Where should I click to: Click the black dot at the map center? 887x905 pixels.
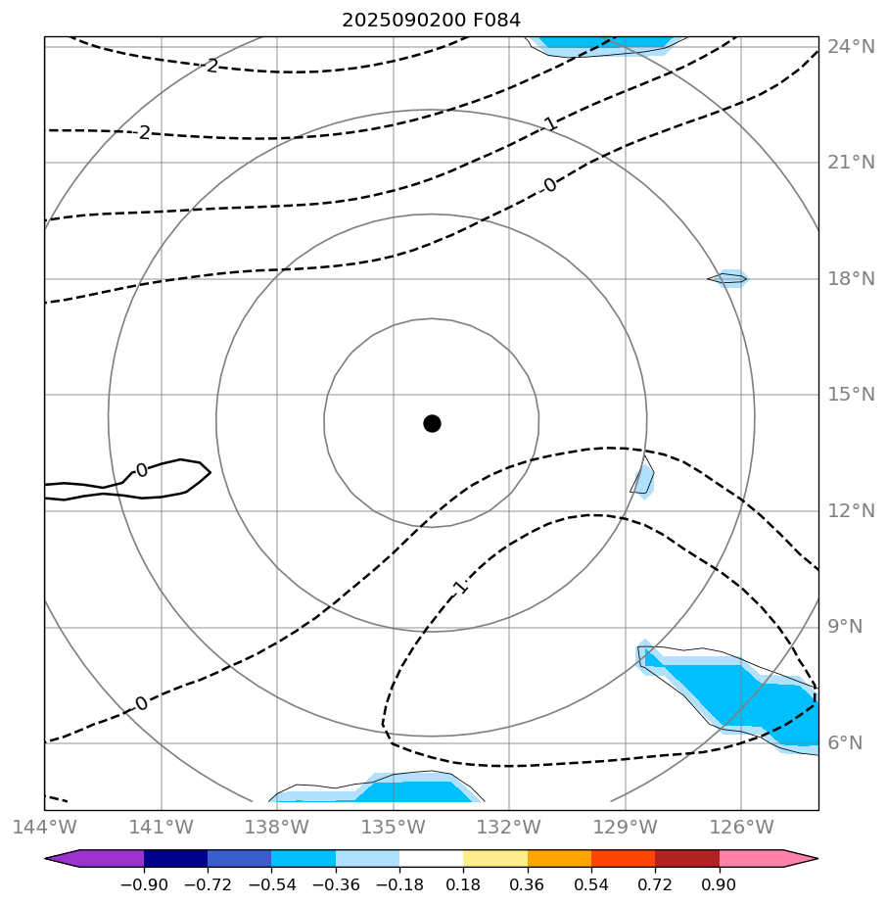(x=432, y=423)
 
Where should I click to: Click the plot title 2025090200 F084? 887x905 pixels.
(x=431, y=20)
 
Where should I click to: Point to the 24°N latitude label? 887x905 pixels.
(x=851, y=46)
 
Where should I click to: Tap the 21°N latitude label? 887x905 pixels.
(x=851, y=163)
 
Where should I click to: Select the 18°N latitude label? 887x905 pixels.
(x=851, y=279)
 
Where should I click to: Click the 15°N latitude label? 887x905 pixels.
(x=851, y=395)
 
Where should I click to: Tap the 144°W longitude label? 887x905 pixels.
(x=44, y=827)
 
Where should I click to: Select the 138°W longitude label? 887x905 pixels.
(x=277, y=827)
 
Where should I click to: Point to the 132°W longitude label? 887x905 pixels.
(x=509, y=827)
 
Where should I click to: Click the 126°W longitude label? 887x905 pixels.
(x=741, y=827)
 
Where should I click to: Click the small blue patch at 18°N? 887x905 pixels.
(x=731, y=278)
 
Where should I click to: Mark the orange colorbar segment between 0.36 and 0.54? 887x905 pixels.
(x=559, y=859)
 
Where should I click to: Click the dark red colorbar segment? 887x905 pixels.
(x=687, y=859)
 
